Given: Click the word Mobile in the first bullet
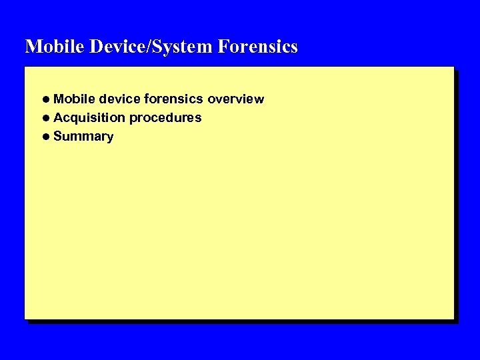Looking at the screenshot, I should coord(74,99).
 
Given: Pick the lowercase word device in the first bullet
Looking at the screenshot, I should coord(119,99).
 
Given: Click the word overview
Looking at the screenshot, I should coord(236,99).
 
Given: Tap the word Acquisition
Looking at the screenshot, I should coord(90,118).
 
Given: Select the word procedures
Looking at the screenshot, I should coord(166,118).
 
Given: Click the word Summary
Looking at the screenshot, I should coord(83,137).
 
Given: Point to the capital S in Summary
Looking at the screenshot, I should coord(57,137).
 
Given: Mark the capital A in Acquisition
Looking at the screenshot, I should coord(58,118).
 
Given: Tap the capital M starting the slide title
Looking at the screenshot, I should coord(32,47).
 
